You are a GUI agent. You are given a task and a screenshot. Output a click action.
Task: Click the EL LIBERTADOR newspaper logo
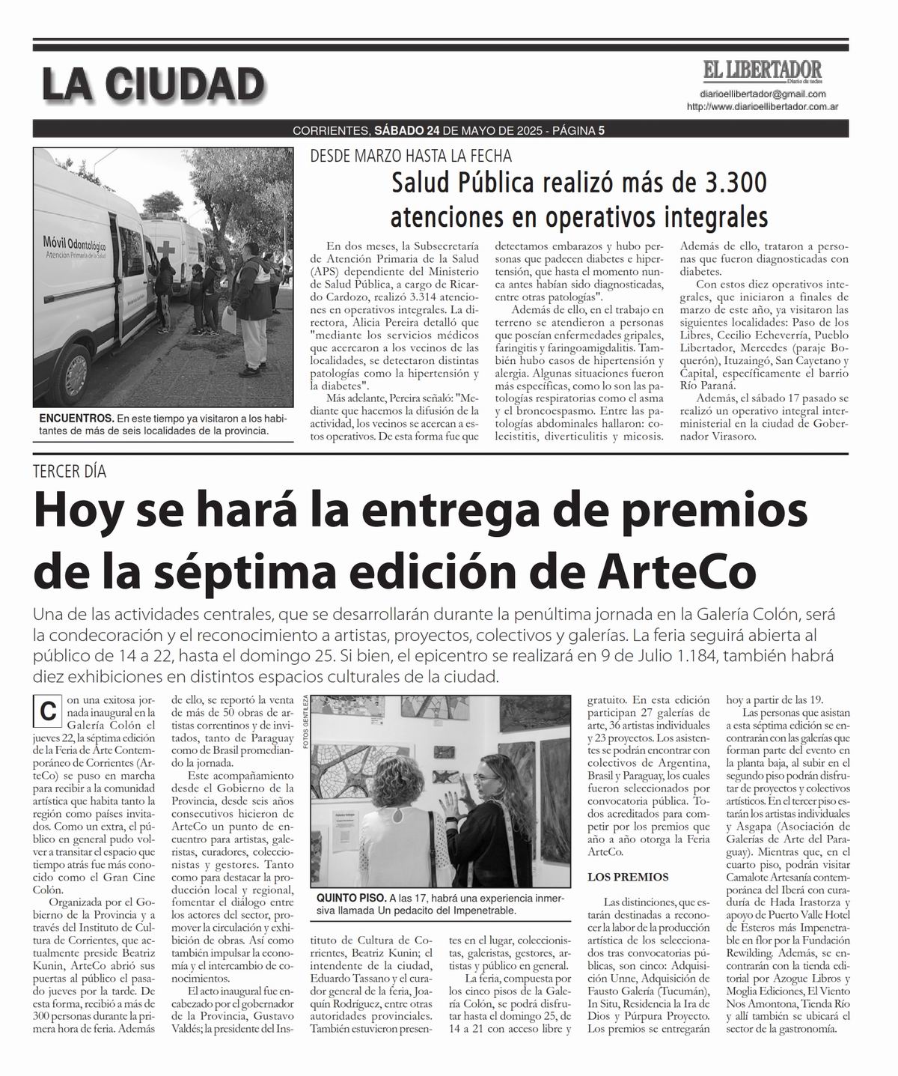point(761,71)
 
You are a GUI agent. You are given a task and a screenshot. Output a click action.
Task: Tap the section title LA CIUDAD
point(153,83)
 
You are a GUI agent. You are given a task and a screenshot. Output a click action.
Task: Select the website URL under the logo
point(761,107)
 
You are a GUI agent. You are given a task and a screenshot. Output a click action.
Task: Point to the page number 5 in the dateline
point(601,130)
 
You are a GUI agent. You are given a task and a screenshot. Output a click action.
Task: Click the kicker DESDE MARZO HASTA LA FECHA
point(412,156)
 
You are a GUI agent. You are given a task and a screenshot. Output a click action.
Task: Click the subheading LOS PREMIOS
point(628,876)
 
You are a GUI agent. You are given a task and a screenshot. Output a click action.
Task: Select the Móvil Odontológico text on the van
point(76,243)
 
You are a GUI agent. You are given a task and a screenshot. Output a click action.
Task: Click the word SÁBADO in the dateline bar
point(399,130)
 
